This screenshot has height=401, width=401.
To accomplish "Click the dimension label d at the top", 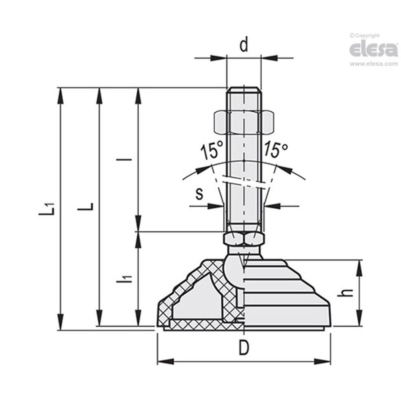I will tap(244, 45).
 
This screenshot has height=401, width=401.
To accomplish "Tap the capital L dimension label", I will tap(87, 207).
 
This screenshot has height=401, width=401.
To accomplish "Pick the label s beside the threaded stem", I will tap(199, 194).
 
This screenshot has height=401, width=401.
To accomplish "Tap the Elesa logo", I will tap(373, 50).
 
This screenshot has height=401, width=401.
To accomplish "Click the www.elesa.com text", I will tap(374, 64).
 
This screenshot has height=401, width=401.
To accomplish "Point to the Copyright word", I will tap(367, 36).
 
